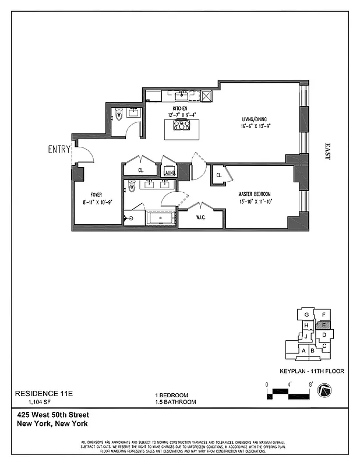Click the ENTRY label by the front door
click(x=59, y=150)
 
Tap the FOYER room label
click(x=96, y=195)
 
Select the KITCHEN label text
click(x=179, y=109)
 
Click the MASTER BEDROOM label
click(x=254, y=194)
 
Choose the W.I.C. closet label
click(x=199, y=220)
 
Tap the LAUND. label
click(x=170, y=173)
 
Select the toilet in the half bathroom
click(x=118, y=115)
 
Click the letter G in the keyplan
click(x=305, y=315)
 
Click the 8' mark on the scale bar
click(x=312, y=384)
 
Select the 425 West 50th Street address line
click(x=53, y=415)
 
